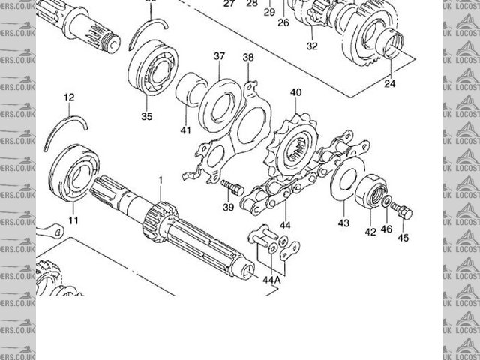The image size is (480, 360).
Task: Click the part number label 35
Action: [x=146, y=116]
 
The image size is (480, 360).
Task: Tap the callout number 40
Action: [x=295, y=92]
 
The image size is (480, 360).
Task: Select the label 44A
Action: [x=271, y=279]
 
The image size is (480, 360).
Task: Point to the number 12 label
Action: [x=69, y=97]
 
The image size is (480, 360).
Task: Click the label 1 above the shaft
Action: [x=159, y=180]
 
